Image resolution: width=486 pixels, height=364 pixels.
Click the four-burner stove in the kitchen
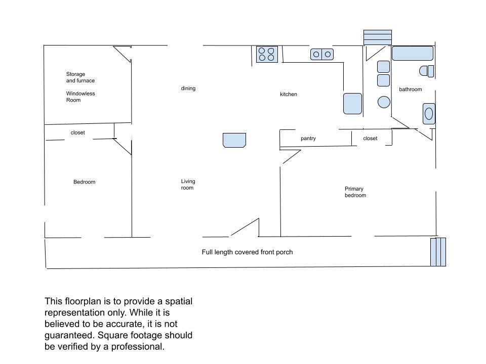click(267, 54)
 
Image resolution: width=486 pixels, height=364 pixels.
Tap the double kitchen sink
click(322, 55)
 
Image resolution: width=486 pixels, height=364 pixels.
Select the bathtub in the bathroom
click(412, 53)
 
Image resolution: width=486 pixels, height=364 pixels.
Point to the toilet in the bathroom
click(426, 71)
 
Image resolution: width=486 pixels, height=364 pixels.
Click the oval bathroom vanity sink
click(429, 114)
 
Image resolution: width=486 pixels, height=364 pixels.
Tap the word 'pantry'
click(308, 139)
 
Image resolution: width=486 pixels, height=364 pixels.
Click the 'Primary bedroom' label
click(355, 192)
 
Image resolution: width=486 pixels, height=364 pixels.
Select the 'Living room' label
click(188, 185)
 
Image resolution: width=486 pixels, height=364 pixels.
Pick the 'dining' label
click(188, 88)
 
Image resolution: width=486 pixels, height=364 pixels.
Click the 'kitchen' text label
click(288, 94)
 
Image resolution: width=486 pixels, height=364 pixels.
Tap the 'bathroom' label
click(411, 89)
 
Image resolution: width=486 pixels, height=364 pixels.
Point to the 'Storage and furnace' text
click(80, 77)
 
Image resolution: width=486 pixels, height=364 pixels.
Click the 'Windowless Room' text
click(80, 97)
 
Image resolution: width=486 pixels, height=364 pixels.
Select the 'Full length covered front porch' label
click(247, 252)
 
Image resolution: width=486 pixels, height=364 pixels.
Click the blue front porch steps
click(438, 252)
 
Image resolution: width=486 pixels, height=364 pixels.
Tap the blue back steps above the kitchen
click(378, 37)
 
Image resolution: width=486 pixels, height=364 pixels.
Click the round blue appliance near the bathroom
click(384, 102)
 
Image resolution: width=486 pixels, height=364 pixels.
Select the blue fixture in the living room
click(234, 140)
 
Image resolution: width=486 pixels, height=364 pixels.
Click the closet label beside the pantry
click(370, 139)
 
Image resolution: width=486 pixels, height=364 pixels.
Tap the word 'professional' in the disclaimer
click(138, 347)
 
